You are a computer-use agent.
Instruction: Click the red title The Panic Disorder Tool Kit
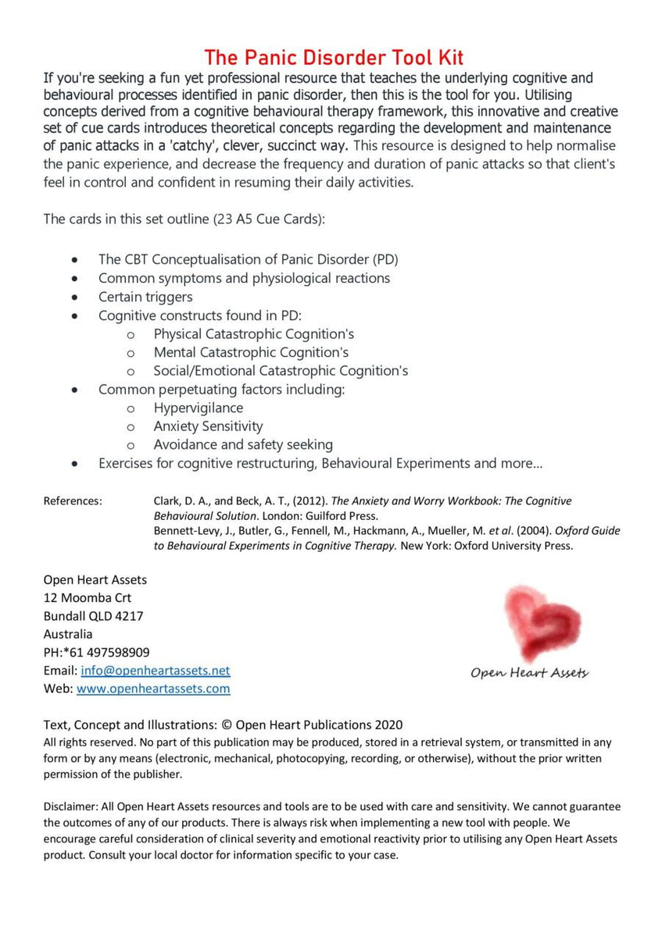pos(334,57)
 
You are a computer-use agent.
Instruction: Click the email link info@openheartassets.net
pos(155,671)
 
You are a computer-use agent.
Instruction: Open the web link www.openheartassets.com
pos(153,689)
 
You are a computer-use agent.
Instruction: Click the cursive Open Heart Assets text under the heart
pos(529,672)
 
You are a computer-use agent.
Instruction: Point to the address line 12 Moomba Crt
pos(88,598)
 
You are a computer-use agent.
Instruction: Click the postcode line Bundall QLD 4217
pos(94,616)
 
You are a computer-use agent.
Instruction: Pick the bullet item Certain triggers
pos(145,297)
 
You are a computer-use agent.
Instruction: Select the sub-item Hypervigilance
pos(198,408)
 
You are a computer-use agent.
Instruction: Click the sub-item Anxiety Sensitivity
pos(208,426)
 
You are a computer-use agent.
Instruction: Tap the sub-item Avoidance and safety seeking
pos(243,444)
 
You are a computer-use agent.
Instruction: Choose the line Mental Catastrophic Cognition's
pos(251,352)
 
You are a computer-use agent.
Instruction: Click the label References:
pos(73,501)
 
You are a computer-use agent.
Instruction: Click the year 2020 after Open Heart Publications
pos(388,725)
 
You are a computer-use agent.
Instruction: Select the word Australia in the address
pos(68,634)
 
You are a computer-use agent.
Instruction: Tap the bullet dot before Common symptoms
pos(74,278)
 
